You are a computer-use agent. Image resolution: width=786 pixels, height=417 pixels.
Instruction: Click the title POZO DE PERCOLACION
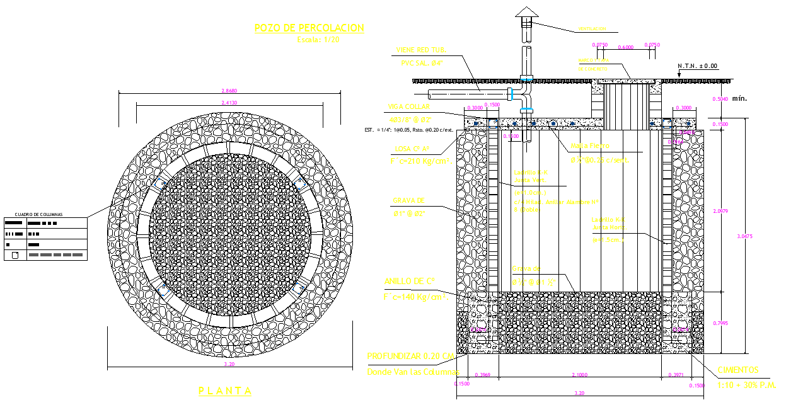[309, 28]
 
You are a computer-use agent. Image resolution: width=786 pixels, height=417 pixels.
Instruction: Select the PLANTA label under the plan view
[225, 391]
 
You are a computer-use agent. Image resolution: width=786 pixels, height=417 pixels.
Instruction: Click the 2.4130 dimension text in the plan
[221, 102]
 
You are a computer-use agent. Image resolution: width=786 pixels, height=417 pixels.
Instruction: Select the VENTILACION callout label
[592, 29]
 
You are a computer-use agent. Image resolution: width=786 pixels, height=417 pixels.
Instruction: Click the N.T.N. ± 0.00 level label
[698, 66]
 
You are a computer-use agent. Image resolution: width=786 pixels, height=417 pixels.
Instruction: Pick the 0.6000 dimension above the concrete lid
[626, 46]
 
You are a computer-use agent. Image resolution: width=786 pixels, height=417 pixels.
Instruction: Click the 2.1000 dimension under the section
[581, 375]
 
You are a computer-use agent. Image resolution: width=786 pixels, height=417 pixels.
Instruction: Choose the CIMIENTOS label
[737, 370]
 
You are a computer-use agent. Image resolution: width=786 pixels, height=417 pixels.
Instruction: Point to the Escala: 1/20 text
[318, 39]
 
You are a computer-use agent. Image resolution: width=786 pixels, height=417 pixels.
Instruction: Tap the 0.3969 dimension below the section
[483, 375]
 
